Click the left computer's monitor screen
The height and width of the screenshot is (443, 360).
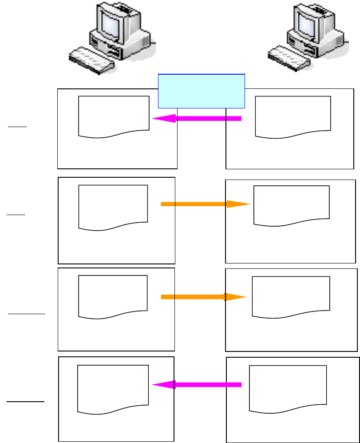click(x=109, y=24)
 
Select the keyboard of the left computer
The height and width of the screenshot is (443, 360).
click(x=91, y=61)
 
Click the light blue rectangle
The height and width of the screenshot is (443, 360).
click(x=202, y=91)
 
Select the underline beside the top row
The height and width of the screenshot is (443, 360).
click(x=17, y=127)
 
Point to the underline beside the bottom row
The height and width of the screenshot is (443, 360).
click(x=26, y=402)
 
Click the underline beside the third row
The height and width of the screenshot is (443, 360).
click(x=27, y=314)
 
